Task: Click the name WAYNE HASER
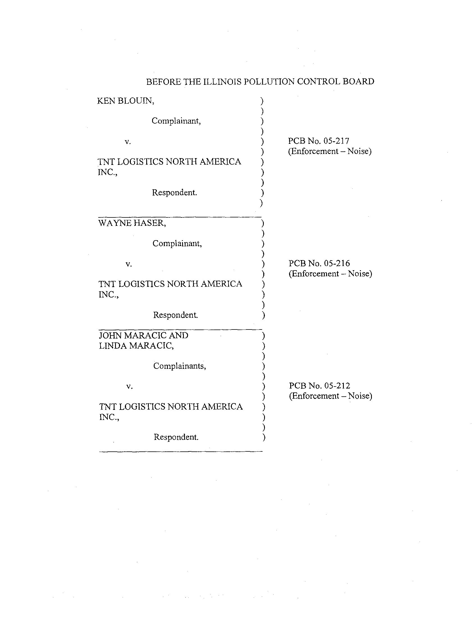[132, 223]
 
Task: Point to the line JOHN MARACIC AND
[144, 335]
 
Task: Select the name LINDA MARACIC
[136, 346]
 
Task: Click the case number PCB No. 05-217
[319, 141]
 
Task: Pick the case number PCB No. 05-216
[319, 263]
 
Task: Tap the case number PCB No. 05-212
[319, 385]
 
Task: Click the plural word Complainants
[180, 366]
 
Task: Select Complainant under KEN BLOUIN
[176, 121]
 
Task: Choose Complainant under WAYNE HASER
[177, 243]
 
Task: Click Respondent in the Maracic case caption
[176, 437]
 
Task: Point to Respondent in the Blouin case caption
[174, 193]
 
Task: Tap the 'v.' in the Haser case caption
[129, 264]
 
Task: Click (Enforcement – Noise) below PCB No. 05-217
[330, 151]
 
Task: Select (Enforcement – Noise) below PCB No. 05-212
[330, 396]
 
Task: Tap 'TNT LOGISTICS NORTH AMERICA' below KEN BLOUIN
[169, 162]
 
